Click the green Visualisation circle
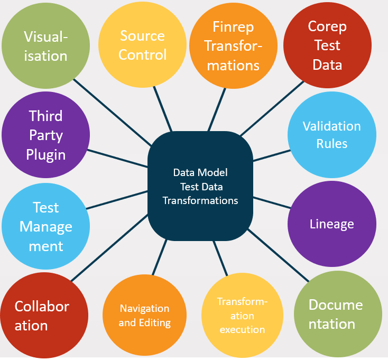pos(45,46)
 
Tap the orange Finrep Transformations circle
pos(233,45)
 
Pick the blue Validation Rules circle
pos(331,135)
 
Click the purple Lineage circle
pos(331,224)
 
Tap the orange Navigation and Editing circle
pos(144,316)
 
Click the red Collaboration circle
pos(42,316)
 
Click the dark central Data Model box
pos(200,187)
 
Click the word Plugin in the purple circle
pos(46,155)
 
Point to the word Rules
pos(331,143)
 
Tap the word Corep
pos(327,26)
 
